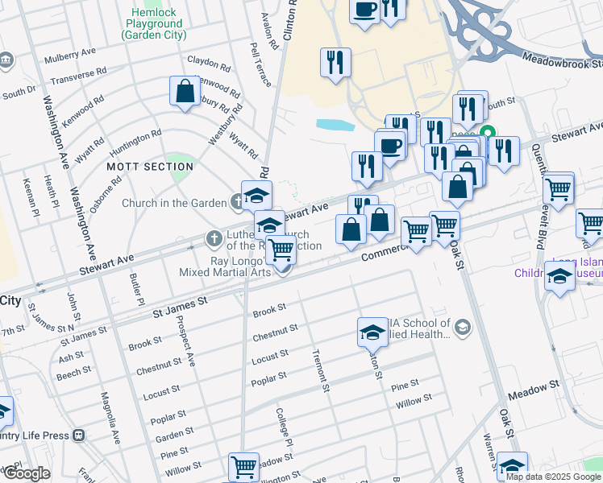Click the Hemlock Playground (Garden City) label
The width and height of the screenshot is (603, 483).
(152, 23)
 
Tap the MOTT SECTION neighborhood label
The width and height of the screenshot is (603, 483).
(151, 167)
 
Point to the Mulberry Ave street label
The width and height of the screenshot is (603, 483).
(70, 55)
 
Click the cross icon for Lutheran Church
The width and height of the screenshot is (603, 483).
(214, 238)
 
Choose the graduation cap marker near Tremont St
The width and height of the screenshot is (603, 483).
(372, 332)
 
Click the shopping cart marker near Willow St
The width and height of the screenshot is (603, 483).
(243, 467)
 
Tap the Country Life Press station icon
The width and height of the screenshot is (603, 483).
(78, 436)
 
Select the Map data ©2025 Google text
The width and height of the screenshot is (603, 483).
(553, 477)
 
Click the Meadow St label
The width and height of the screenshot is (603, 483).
(532, 389)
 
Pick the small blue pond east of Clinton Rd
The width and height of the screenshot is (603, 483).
(335, 125)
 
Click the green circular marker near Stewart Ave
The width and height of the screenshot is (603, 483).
(487, 134)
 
